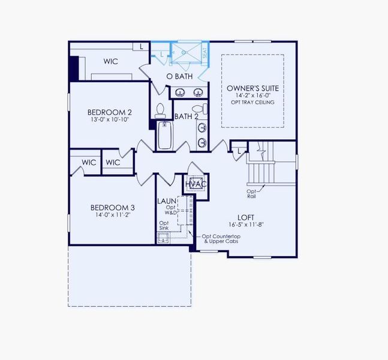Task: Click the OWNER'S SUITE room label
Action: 252,88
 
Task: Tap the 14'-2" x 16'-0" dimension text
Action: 252,95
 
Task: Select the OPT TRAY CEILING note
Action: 252,103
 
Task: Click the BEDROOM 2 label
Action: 109,112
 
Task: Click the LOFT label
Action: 245,219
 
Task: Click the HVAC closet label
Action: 196,184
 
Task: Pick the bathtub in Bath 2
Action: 165,136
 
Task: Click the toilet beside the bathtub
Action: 160,110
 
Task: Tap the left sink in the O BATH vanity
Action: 179,92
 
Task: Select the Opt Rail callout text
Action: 251,194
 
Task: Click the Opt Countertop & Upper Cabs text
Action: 224,239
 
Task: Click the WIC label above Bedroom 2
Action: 110,61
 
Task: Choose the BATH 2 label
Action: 187,116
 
